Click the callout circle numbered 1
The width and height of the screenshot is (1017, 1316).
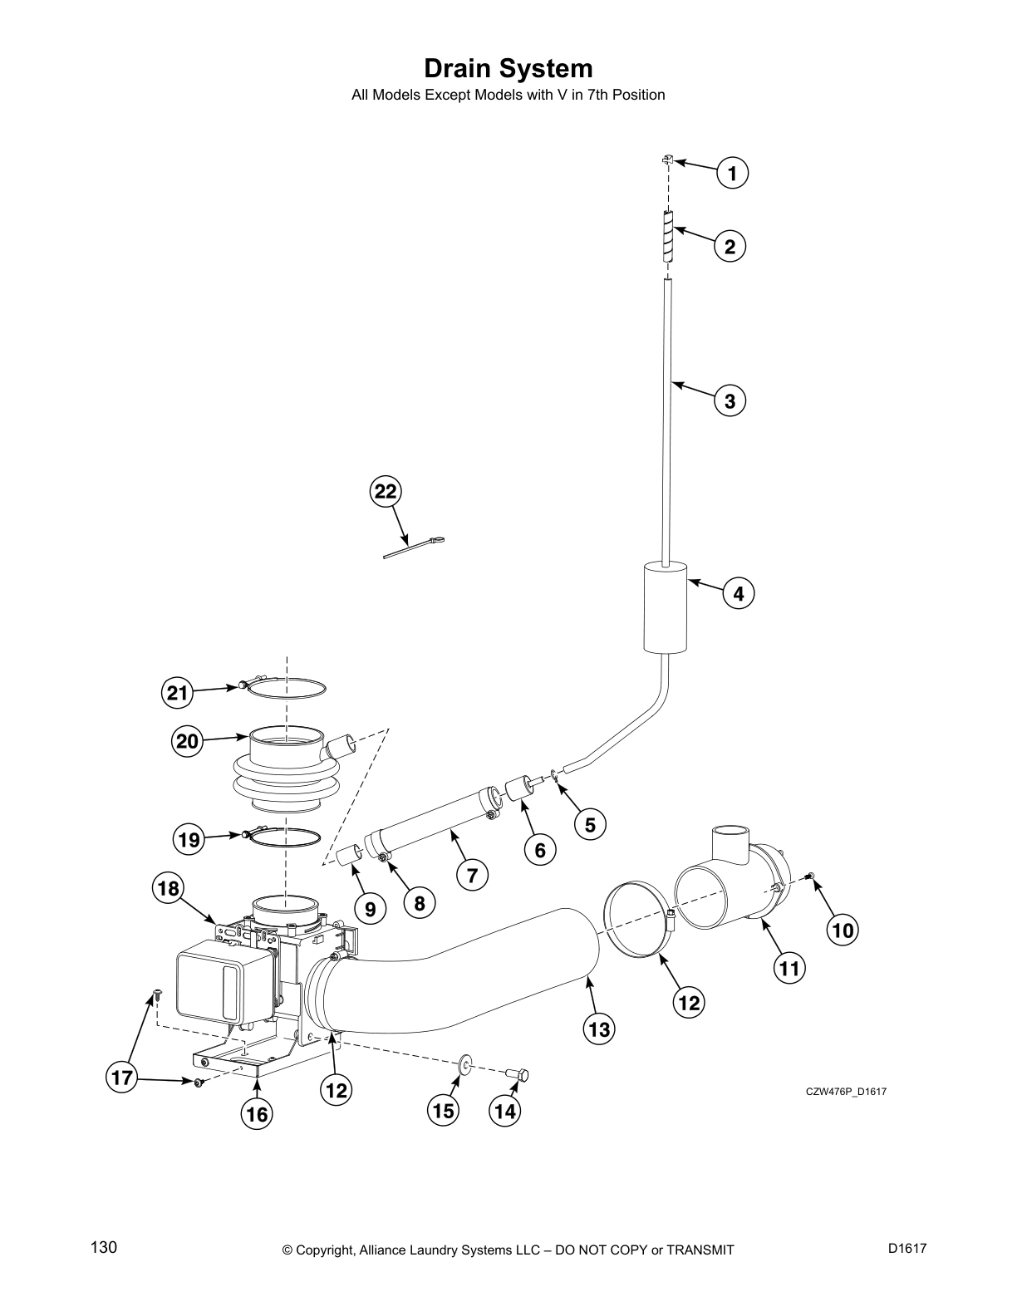click(732, 174)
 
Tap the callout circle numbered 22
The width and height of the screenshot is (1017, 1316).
click(386, 492)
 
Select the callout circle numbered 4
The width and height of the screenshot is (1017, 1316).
click(739, 594)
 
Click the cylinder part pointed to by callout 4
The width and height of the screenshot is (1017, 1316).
click(666, 607)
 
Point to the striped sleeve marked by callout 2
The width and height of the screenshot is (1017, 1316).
click(669, 238)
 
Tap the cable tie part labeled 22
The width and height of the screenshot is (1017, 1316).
click(414, 548)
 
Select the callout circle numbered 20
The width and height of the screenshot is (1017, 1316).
click(188, 740)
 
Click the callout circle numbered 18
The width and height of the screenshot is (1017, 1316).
click(169, 889)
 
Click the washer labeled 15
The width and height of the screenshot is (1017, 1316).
click(465, 1063)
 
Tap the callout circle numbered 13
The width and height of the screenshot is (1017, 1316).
click(599, 1030)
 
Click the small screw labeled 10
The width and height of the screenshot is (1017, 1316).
click(811, 877)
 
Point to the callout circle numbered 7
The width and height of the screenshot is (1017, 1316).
click(472, 874)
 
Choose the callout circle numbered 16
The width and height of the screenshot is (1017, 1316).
click(258, 1114)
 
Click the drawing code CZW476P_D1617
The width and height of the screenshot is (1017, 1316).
click(846, 1092)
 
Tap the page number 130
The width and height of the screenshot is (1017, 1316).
click(104, 1247)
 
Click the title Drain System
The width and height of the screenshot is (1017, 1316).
click(508, 67)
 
